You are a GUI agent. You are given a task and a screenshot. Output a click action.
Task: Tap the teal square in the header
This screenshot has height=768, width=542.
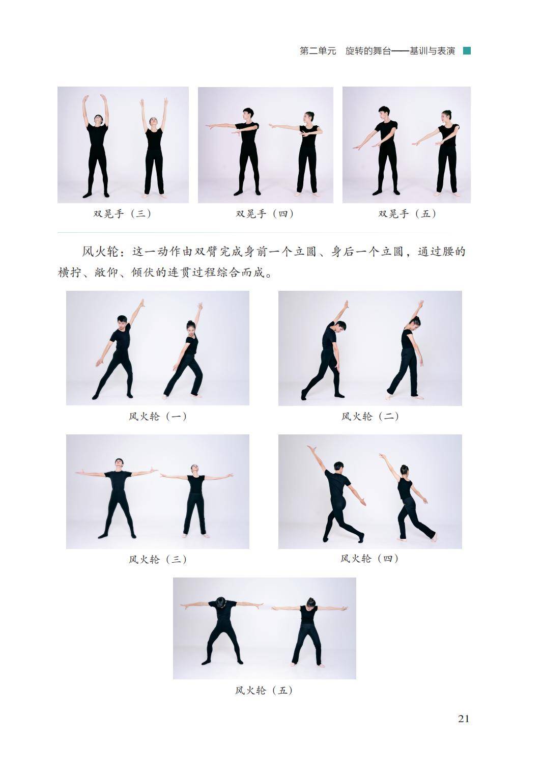tap(467, 51)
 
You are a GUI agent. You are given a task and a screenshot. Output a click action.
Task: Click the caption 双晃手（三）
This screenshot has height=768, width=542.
tap(122, 214)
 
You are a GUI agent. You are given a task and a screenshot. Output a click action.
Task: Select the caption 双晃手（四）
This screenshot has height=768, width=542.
tap(265, 214)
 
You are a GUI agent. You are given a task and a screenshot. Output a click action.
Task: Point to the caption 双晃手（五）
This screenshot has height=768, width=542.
tap(407, 214)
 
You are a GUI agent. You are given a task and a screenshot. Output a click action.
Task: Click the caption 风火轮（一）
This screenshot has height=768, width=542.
tap(158, 417)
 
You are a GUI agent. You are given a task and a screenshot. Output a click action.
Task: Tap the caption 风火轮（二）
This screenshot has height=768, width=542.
tap(370, 417)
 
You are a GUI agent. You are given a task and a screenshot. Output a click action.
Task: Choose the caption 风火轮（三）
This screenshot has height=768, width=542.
tap(158, 560)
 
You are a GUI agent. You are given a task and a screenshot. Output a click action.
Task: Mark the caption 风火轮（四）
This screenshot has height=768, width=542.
tap(369, 559)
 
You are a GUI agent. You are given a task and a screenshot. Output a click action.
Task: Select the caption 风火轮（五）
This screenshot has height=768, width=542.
tap(264, 690)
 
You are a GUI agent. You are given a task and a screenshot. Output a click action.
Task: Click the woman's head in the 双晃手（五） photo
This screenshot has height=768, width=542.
tap(446, 117)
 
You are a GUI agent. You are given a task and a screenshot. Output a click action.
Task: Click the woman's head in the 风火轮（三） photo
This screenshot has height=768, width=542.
tap(194, 470)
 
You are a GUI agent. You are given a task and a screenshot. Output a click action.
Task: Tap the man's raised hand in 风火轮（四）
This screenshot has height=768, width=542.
tap(311, 449)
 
